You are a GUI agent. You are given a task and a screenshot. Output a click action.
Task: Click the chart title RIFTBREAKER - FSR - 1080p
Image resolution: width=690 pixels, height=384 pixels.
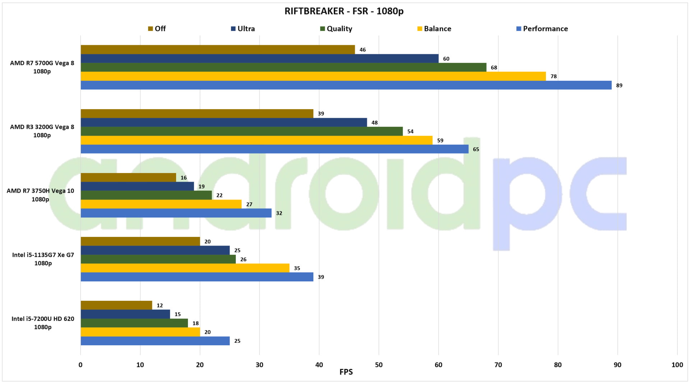[x=344, y=11]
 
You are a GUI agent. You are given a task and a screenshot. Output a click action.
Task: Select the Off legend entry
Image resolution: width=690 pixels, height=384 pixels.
[x=157, y=29]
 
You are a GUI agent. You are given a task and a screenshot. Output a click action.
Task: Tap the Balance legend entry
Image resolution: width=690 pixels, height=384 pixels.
[x=434, y=29]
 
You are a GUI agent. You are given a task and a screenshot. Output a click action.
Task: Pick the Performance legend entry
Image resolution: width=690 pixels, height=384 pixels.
[x=542, y=29]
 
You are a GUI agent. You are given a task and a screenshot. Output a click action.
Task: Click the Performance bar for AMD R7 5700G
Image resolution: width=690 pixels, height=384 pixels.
[x=346, y=85]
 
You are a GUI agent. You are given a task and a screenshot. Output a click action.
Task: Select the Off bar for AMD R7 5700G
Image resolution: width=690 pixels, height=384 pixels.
[x=217, y=50]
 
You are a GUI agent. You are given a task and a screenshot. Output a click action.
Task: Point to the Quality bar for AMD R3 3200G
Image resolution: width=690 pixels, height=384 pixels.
[x=241, y=131]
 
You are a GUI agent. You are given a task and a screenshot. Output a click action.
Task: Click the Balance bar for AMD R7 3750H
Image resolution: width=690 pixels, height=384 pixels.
[x=161, y=204]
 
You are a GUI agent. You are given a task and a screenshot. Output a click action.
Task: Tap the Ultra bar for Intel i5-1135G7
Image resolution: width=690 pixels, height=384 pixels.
[x=155, y=250]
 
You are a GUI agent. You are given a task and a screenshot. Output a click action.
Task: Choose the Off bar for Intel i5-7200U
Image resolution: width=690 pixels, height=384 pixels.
[x=116, y=305]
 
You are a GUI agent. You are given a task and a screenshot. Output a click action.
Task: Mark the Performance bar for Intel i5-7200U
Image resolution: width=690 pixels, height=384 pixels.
[x=155, y=341]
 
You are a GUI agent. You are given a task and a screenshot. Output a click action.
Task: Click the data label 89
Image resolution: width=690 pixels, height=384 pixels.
[x=619, y=85]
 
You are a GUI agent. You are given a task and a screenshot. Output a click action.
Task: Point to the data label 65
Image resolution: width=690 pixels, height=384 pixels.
[x=476, y=149]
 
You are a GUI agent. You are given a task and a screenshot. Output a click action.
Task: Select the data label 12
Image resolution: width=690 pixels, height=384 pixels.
[x=160, y=305]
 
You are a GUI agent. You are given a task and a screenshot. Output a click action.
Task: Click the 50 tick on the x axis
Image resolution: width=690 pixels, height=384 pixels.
[x=379, y=365]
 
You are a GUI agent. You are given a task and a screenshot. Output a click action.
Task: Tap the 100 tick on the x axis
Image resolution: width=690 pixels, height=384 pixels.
[x=677, y=365]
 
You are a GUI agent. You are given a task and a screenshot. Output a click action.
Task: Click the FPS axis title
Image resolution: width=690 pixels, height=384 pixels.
[x=346, y=372]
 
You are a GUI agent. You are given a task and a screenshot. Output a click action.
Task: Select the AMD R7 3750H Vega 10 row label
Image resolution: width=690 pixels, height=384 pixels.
[x=40, y=195]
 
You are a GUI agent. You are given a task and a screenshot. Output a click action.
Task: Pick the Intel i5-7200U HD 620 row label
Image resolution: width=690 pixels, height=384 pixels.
[x=43, y=323]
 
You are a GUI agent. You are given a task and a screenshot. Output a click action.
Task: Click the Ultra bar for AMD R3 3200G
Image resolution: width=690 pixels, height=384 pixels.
[x=224, y=122]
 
